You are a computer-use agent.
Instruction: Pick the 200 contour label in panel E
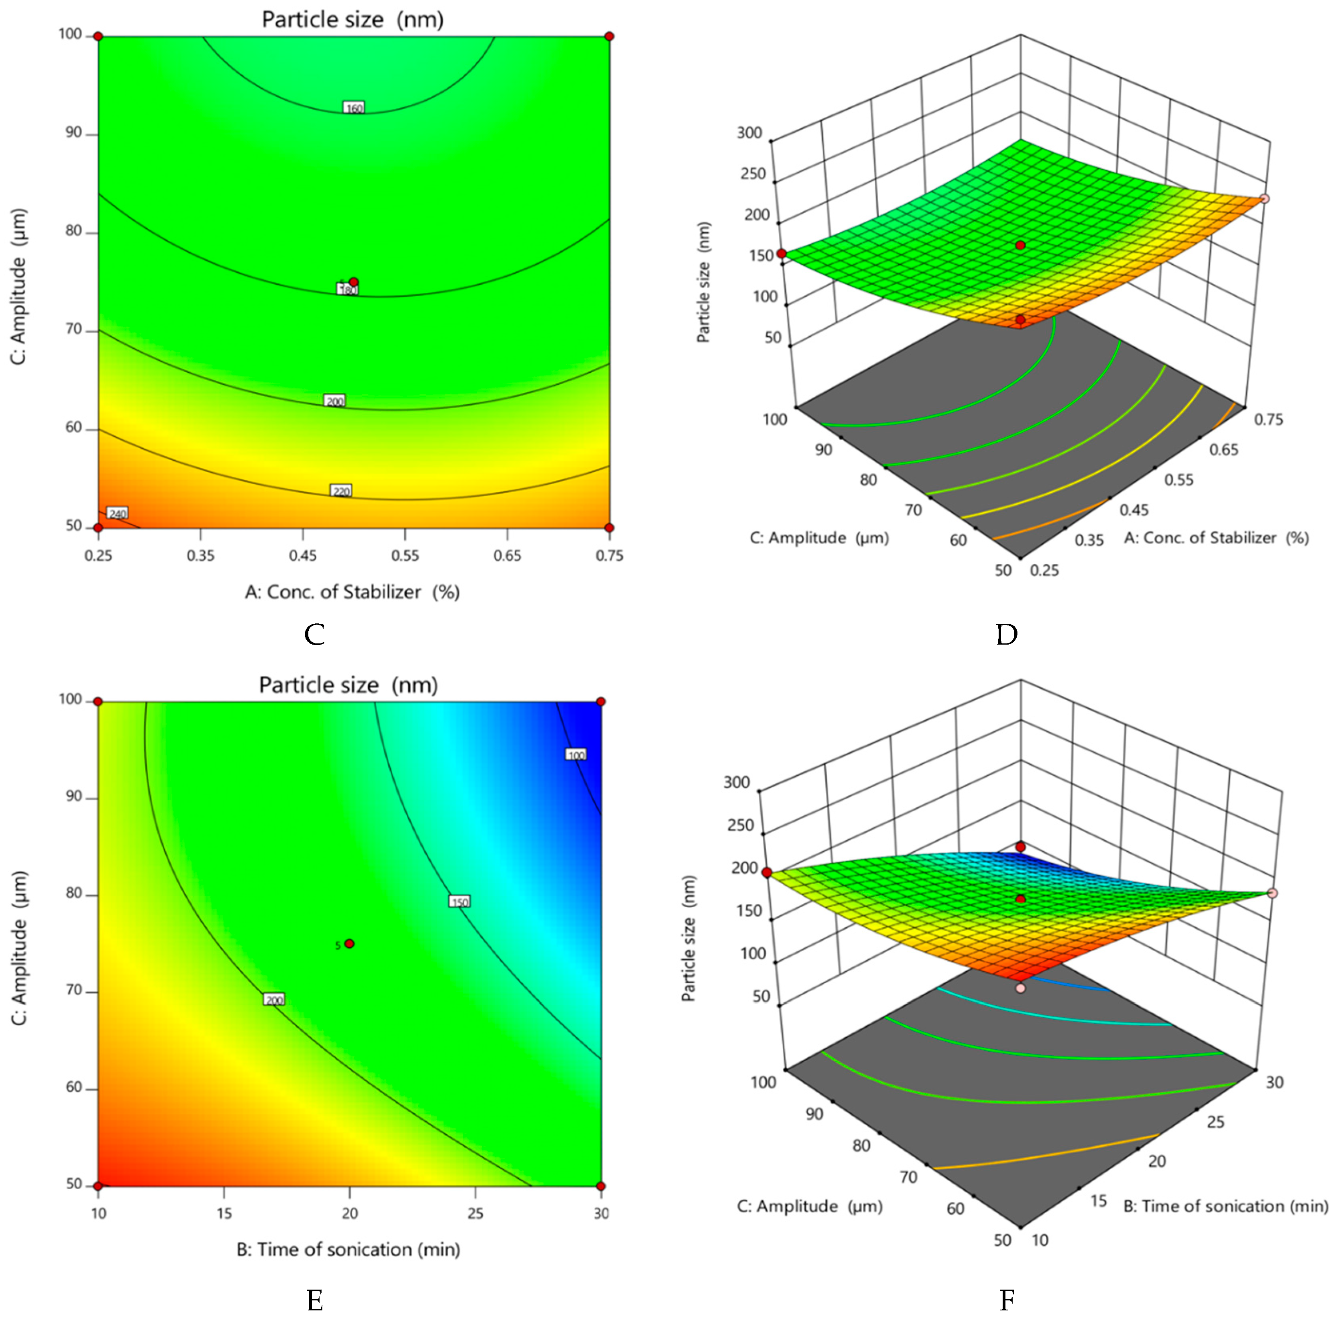click(274, 1000)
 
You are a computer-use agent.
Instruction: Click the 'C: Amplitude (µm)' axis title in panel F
click(809, 1206)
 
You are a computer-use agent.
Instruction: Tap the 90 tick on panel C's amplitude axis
click(73, 133)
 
